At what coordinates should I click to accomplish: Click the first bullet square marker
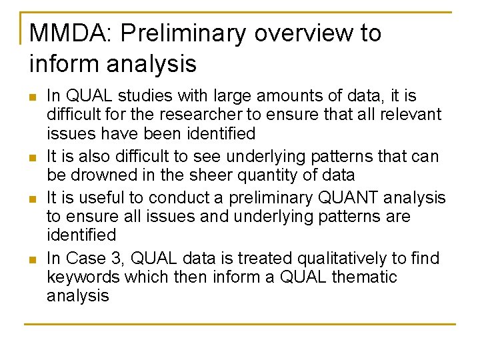pyautogui.click(x=33, y=97)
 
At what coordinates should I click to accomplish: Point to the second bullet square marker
pyautogui.click(x=33, y=158)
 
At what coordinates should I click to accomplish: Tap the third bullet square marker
pyautogui.click(x=33, y=199)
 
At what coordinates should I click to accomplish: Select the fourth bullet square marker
pyautogui.click(x=33, y=259)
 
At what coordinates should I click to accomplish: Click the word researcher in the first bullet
pyautogui.click(x=195, y=115)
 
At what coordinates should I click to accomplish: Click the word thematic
pyautogui.click(x=361, y=277)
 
